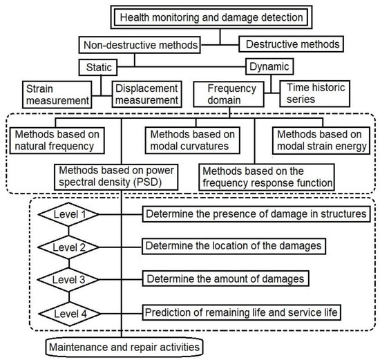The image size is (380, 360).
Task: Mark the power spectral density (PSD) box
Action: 117,176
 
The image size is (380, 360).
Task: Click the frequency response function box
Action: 267,176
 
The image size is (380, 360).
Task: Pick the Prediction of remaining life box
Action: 241,312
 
